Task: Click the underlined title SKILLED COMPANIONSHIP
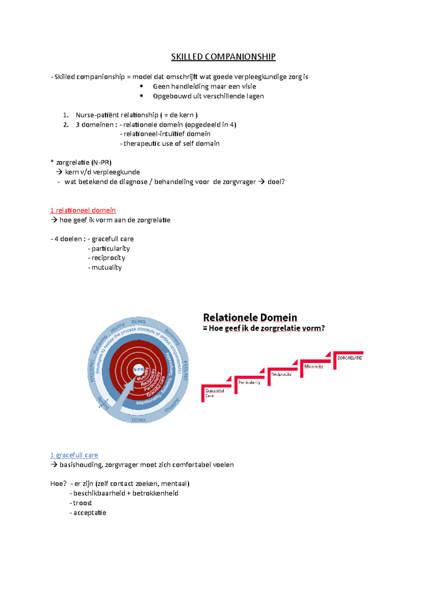point(223,57)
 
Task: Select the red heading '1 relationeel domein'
point(83,210)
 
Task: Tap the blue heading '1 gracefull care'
point(74,455)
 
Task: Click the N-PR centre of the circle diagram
point(138,370)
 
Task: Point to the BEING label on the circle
point(138,322)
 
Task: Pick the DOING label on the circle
point(138,420)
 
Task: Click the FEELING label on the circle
point(186,370)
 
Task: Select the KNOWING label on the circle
point(92,371)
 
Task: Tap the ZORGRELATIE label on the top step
point(349,358)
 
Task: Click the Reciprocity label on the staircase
point(281,375)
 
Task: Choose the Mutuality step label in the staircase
point(314,366)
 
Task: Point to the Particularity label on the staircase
point(249,383)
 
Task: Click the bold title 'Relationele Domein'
point(250,317)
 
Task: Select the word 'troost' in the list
point(82,503)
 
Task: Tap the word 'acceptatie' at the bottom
point(90,513)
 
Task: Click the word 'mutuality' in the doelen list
point(107,267)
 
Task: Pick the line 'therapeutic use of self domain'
point(171,144)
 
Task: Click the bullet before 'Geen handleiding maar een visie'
point(142,86)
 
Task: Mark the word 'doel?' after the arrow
point(276,182)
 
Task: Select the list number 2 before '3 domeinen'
point(66,125)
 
